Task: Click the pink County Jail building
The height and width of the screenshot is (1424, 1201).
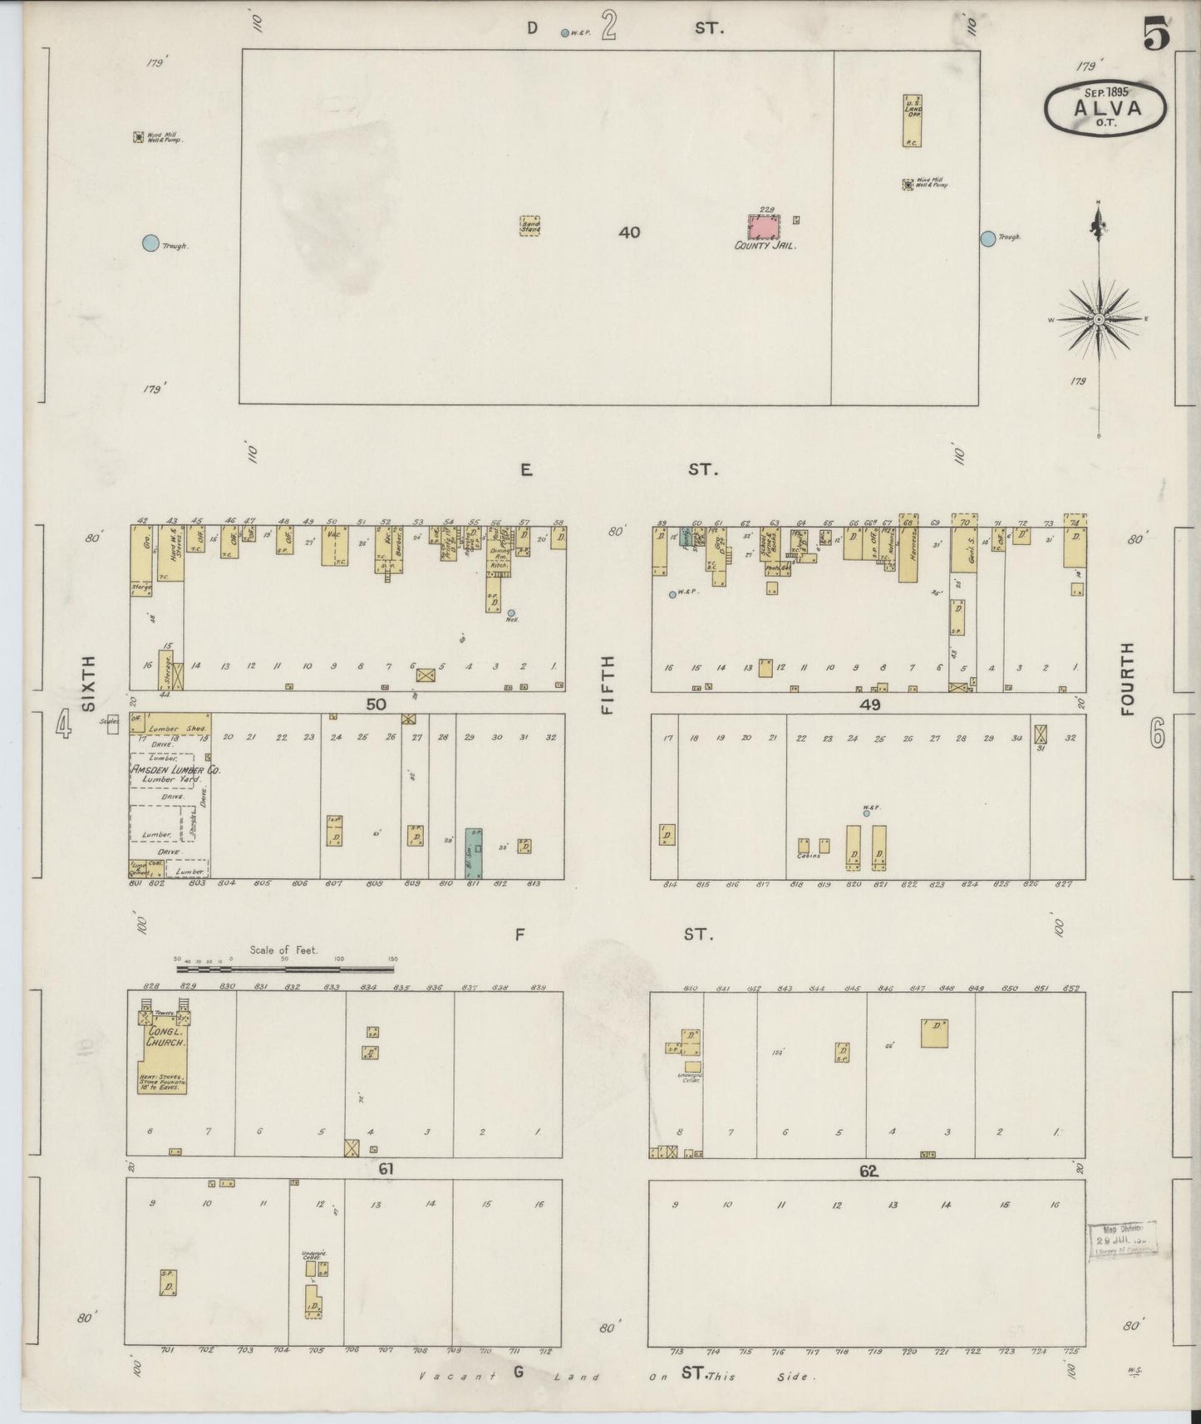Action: click(x=765, y=228)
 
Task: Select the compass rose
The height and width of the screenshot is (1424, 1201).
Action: click(x=1099, y=319)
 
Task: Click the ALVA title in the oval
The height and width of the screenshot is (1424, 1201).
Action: click(x=1105, y=107)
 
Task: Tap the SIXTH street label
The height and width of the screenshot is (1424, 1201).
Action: click(x=88, y=683)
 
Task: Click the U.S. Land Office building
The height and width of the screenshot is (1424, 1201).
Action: click(x=912, y=120)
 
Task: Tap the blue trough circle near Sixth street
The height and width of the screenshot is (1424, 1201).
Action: click(x=150, y=243)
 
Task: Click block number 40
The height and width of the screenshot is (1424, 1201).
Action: click(x=629, y=233)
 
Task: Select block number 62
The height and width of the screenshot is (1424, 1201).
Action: click(x=869, y=1171)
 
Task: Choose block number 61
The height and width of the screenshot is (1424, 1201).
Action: click(x=386, y=1169)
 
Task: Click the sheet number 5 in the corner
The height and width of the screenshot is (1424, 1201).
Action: click(x=1156, y=35)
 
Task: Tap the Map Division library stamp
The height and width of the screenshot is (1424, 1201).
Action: click(x=1120, y=1240)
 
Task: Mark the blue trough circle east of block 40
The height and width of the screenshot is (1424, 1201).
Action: click(x=987, y=238)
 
